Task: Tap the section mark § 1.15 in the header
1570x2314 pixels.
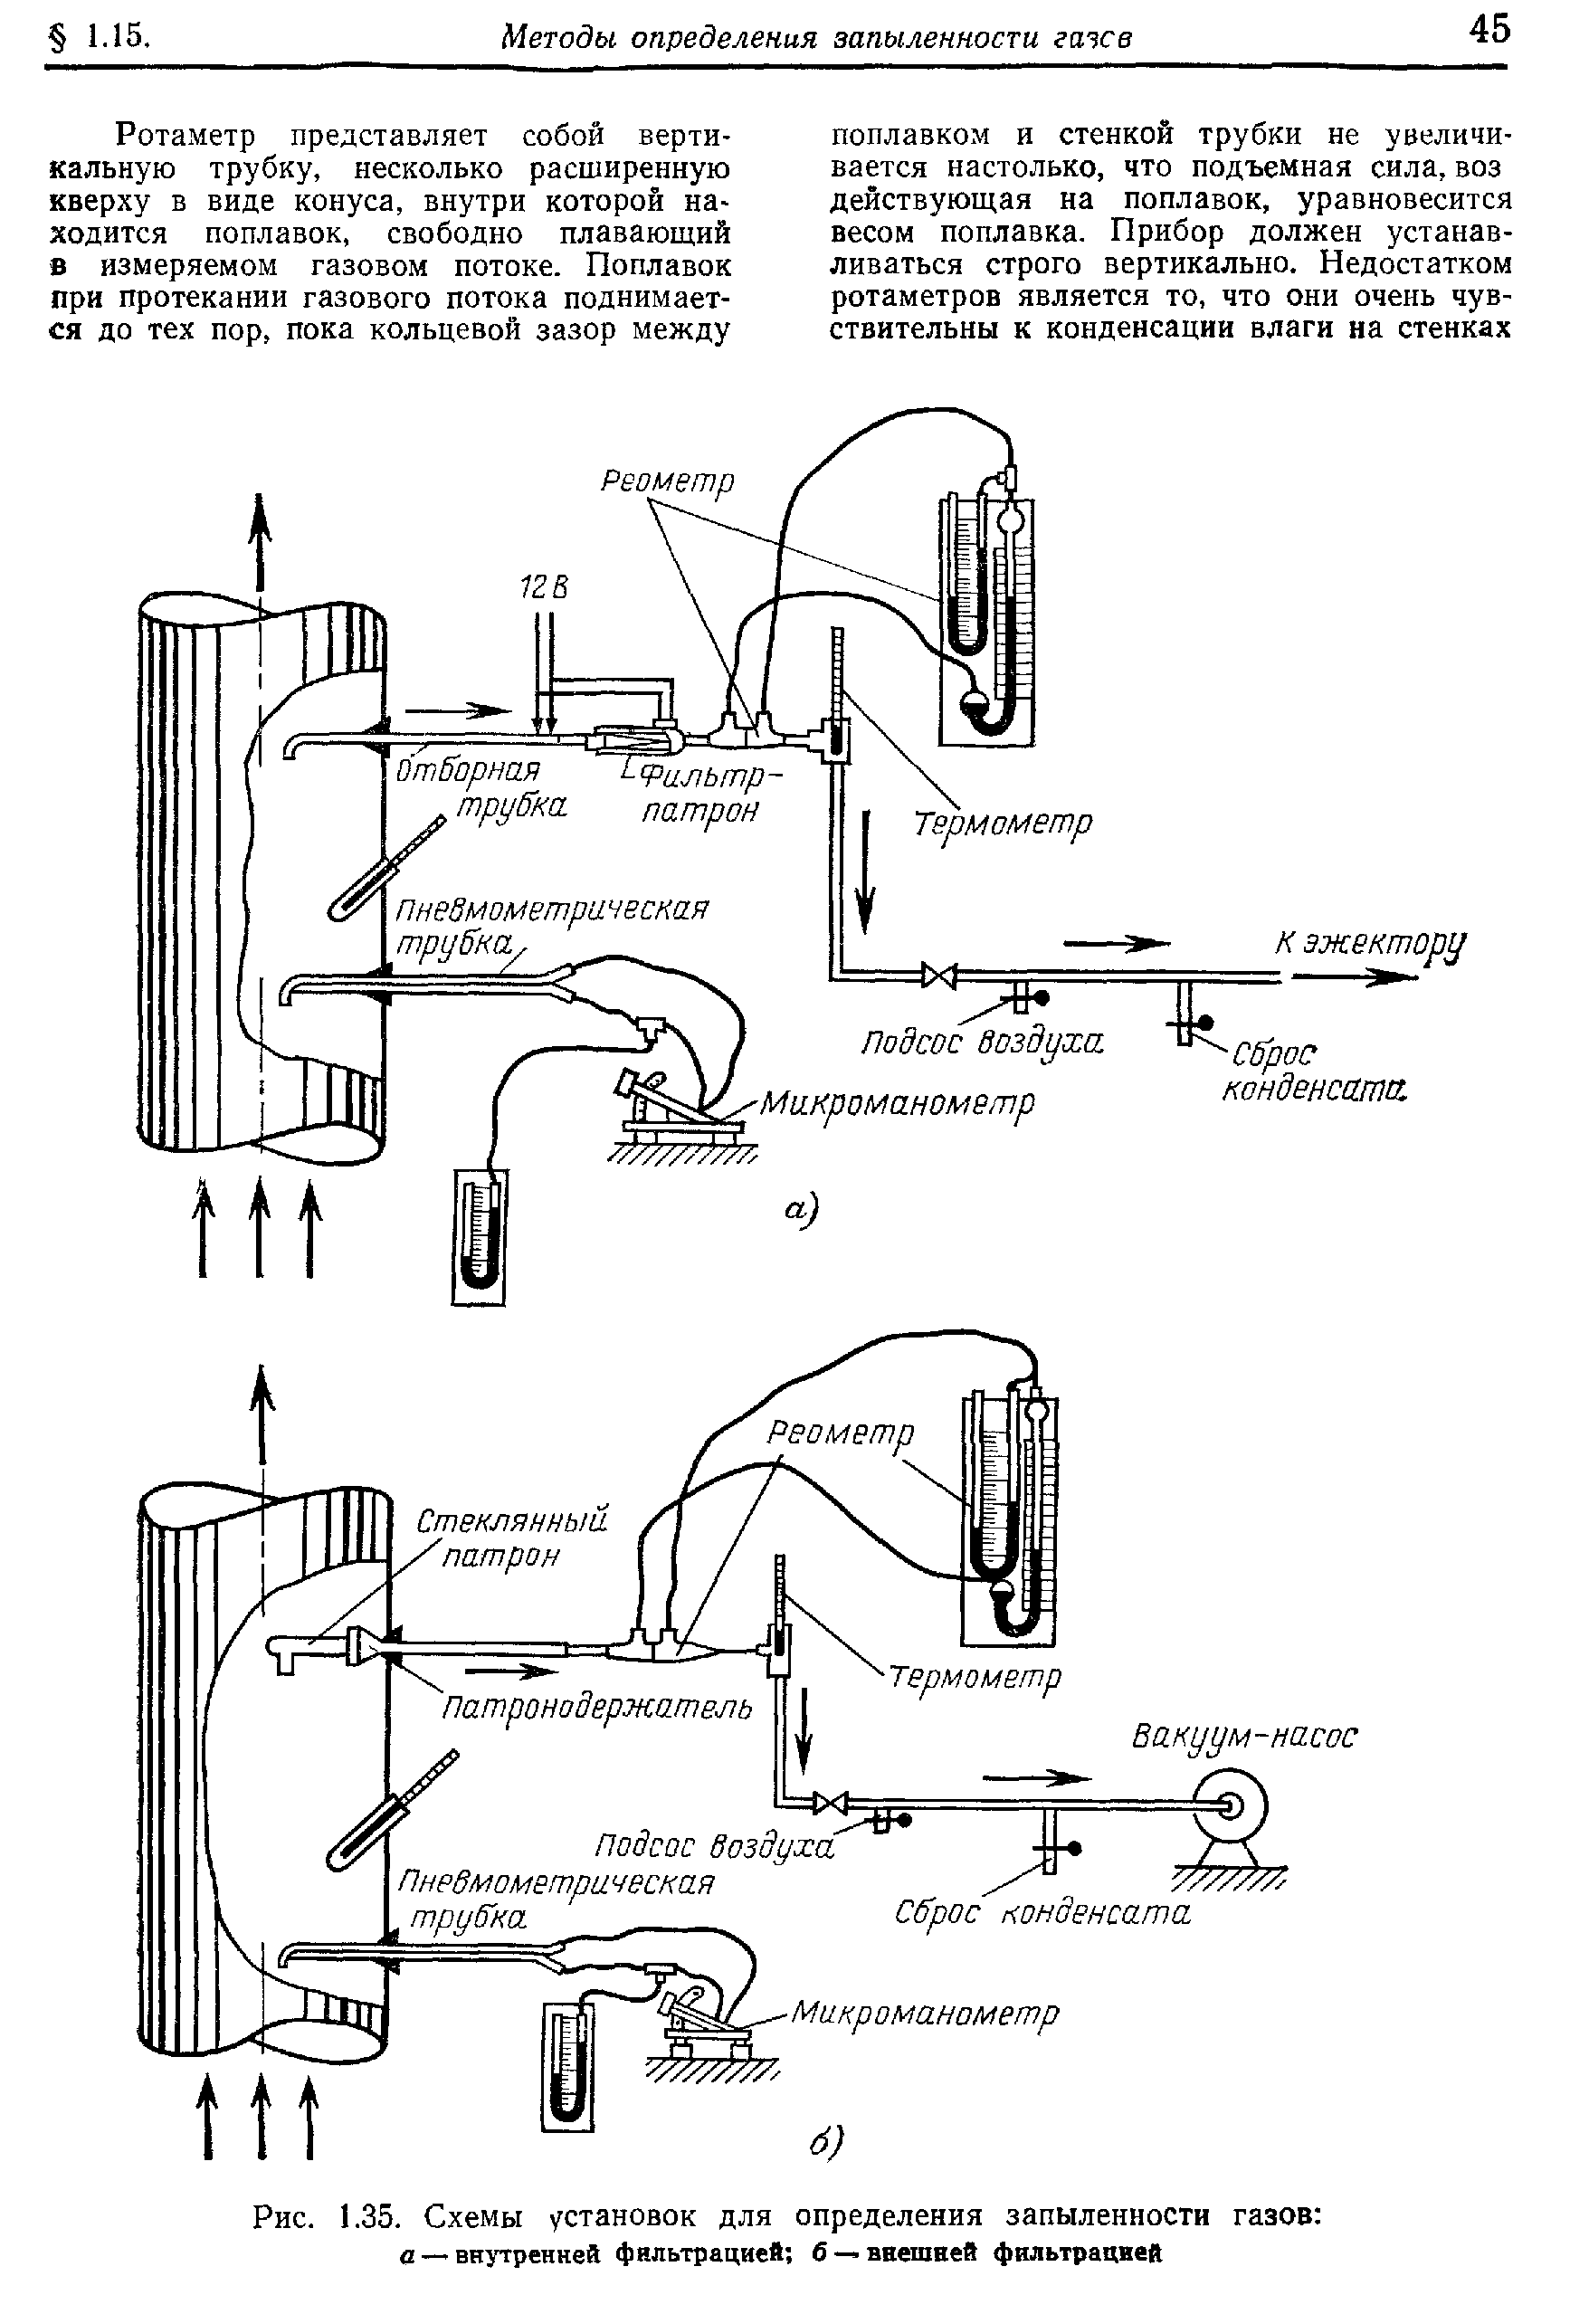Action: point(98,38)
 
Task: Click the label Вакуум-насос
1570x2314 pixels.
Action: point(1244,1738)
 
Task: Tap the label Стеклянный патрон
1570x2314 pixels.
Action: point(510,1538)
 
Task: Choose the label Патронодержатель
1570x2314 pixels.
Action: point(596,1708)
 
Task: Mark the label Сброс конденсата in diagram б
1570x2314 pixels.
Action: point(1042,1911)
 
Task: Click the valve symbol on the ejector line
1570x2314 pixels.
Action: point(937,975)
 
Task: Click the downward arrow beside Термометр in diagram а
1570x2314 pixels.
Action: point(866,873)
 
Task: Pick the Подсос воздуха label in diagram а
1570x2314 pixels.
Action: point(982,1043)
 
